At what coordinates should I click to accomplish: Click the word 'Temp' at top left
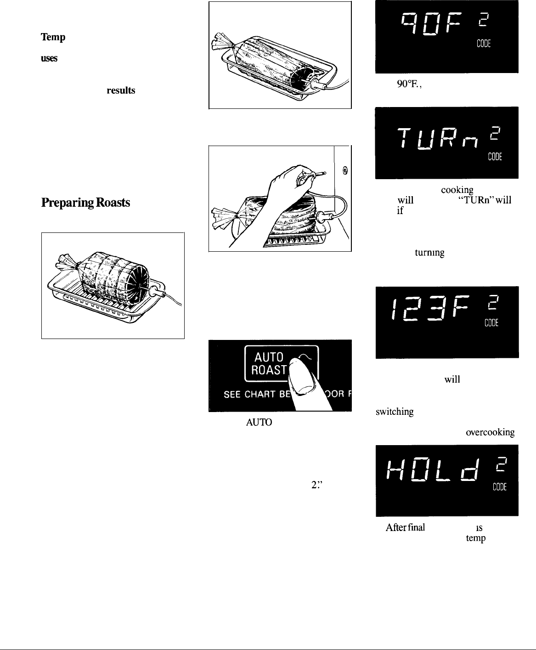click(51, 38)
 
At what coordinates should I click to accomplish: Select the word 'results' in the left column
click(121, 91)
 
